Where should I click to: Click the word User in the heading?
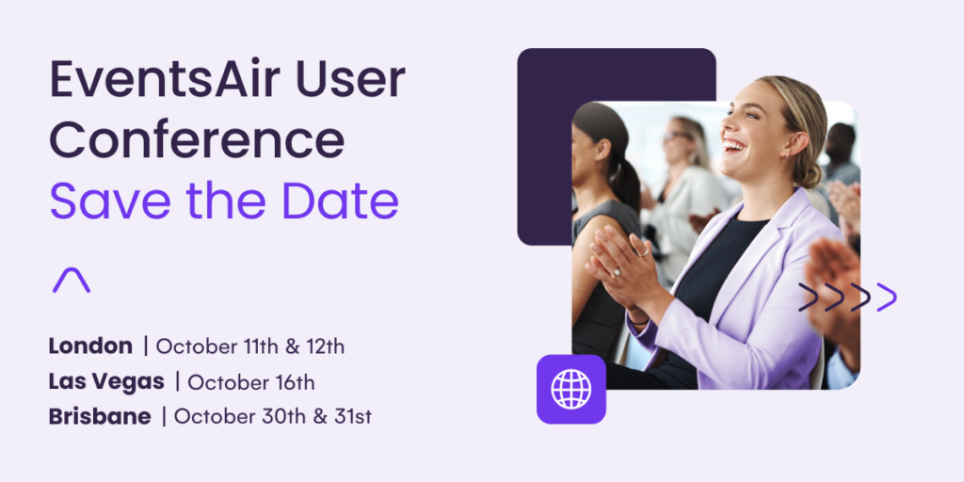[x=350, y=80]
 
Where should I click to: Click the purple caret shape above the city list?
[x=72, y=280]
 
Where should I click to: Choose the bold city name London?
[x=90, y=346]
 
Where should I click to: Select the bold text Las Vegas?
[x=106, y=382]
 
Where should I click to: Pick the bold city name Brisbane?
[x=100, y=417]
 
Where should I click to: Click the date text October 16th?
[x=250, y=382]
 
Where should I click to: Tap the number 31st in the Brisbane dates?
[x=353, y=417]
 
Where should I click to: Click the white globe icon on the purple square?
[x=571, y=389]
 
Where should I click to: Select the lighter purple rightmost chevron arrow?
[x=887, y=297]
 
